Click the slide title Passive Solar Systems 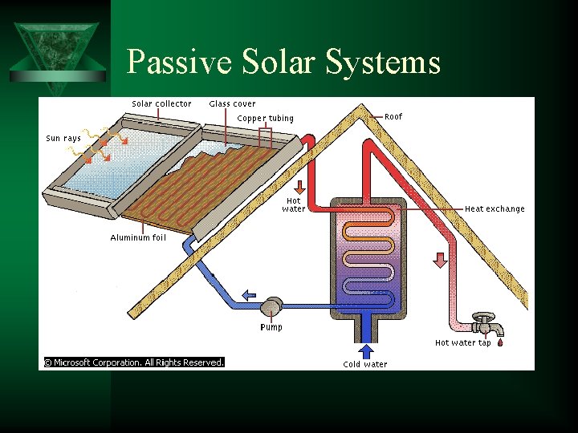click(x=283, y=62)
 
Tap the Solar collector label click(x=161, y=103)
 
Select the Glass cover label click(x=232, y=103)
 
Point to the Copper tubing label click(x=266, y=119)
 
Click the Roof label click(x=393, y=116)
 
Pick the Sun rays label click(x=63, y=138)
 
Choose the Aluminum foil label click(x=138, y=237)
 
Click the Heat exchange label click(x=495, y=209)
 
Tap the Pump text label click(x=271, y=327)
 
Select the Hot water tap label click(x=462, y=342)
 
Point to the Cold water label click(x=364, y=365)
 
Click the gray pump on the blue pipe click(x=271, y=306)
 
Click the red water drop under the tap click(x=500, y=343)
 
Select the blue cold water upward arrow click(x=366, y=351)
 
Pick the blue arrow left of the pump click(x=250, y=294)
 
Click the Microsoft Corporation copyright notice click(x=133, y=362)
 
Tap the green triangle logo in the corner click(x=56, y=50)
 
